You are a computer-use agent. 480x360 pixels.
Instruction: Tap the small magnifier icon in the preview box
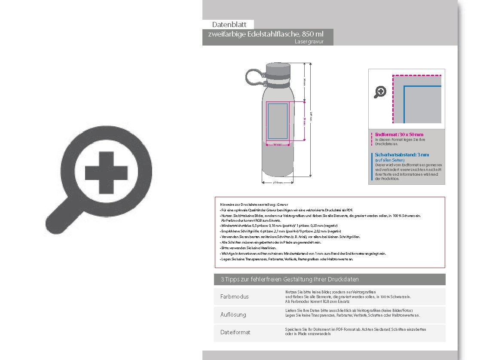tap(380, 92)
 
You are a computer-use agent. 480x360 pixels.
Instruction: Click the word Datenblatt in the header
tap(229, 25)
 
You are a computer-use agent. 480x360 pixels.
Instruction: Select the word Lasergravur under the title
tap(309, 42)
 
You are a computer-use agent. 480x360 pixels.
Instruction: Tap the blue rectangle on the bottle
tap(278, 122)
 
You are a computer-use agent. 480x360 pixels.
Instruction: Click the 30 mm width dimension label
tap(278, 145)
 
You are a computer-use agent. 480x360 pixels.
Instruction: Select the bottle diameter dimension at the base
tap(278, 183)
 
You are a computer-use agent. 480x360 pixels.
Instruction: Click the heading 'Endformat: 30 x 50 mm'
tap(399, 134)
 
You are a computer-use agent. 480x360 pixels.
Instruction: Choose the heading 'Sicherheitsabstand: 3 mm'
tap(402, 155)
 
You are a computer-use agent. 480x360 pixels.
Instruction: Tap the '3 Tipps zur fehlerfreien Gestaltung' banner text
tap(290, 279)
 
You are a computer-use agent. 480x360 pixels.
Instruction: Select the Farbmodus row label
tap(234, 297)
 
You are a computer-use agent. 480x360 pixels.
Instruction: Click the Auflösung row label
tap(233, 314)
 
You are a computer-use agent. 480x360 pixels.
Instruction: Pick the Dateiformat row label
tap(235, 332)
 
